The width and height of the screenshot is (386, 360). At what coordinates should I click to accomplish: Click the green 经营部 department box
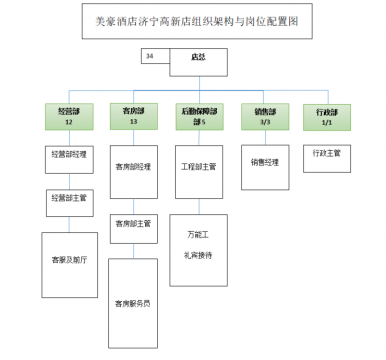(x=69, y=116)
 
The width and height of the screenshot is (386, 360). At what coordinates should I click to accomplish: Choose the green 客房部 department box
(x=133, y=116)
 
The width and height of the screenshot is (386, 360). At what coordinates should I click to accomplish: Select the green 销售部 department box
(x=264, y=116)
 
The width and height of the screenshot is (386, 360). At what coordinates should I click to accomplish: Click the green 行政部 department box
(x=327, y=116)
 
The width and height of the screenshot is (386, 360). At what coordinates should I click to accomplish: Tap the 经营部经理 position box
(x=69, y=155)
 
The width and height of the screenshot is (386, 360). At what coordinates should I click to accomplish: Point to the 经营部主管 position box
(x=69, y=200)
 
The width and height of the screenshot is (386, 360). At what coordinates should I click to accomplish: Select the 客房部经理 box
(x=133, y=165)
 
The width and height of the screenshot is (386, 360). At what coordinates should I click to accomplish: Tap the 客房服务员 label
(x=133, y=302)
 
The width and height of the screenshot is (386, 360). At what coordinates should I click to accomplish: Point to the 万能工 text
(x=198, y=234)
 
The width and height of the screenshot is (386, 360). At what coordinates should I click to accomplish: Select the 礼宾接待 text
(x=198, y=255)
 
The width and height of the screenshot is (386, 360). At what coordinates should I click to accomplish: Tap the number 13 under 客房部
(x=133, y=122)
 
